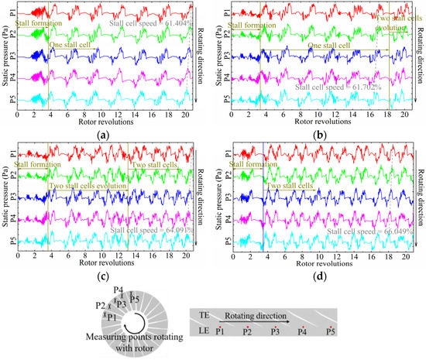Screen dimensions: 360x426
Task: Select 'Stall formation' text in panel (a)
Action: pyautogui.click(x=31, y=25)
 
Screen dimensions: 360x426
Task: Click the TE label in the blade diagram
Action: pyautogui.click(x=202, y=316)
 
